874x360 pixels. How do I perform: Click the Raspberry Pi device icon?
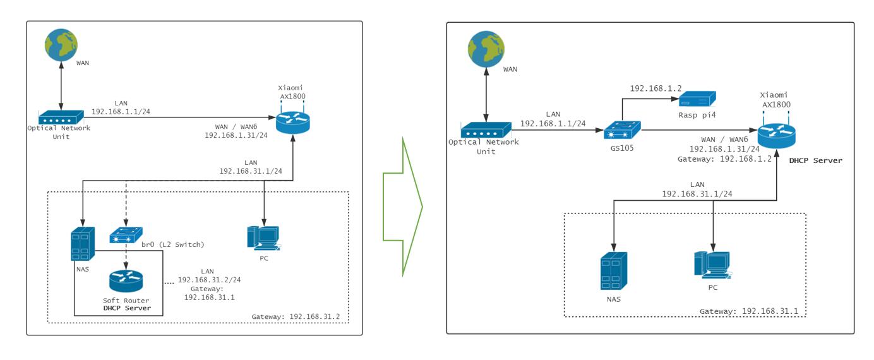[x=697, y=98]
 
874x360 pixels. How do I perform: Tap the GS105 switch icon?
[x=621, y=131]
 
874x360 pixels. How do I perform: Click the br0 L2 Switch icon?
[x=126, y=236]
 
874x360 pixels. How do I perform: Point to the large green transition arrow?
[x=402, y=207]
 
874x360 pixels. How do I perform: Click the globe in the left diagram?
[x=61, y=44]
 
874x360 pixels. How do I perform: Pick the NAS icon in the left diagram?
[x=83, y=244]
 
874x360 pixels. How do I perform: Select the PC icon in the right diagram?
[x=712, y=265]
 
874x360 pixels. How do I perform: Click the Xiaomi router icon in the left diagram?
[x=293, y=123]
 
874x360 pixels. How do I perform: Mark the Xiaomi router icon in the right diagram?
[x=776, y=135]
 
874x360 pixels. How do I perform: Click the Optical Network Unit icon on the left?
[x=60, y=117]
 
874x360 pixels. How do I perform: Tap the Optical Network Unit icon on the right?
[x=484, y=130]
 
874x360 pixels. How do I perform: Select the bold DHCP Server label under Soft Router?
[x=127, y=308]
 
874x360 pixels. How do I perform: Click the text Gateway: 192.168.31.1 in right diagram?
[x=753, y=311]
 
